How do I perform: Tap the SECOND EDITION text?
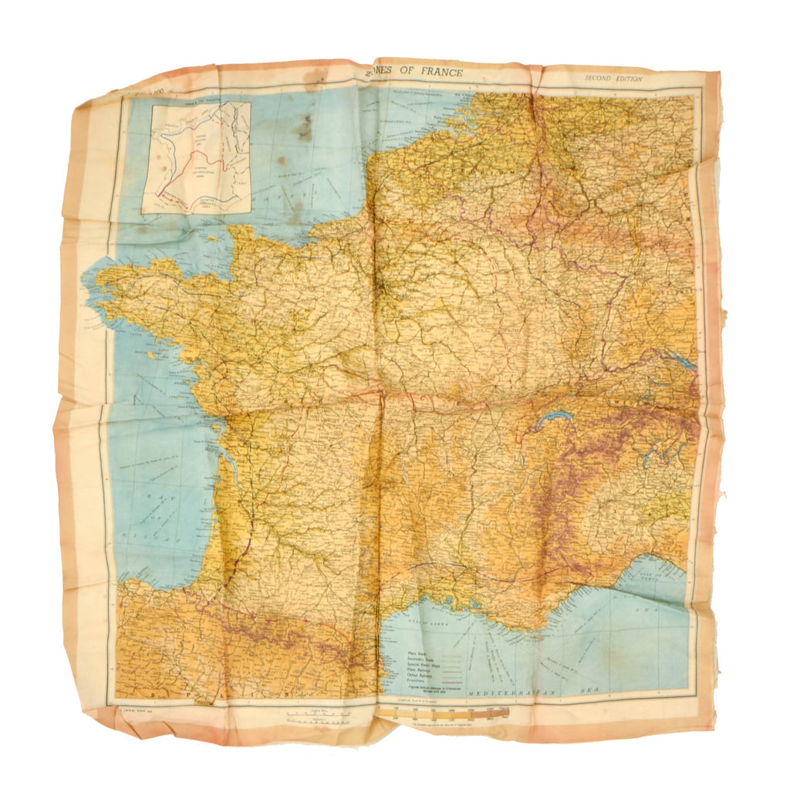(613, 78)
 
